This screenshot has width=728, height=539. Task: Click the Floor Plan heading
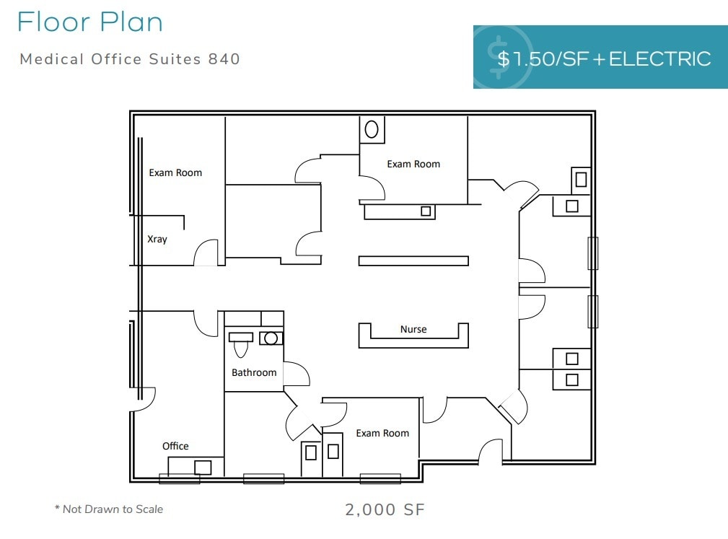(x=89, y=22)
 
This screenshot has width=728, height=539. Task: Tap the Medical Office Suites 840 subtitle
(x=130, y=59)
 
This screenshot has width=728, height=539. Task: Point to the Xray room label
(x=157, y=239)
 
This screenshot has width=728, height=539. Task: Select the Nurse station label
(x=413, y=329)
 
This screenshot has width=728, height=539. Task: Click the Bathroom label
(x=254, y=372)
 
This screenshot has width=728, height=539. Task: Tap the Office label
(x=175, y=446)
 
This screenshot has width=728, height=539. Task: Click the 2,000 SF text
(x=385, y=509)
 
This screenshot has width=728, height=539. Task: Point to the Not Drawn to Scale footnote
(x=109, y=509)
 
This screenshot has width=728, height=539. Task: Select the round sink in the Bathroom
(x=271, y=338)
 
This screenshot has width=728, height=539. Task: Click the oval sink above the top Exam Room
(x=372, y=130)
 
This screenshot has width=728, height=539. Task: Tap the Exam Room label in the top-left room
(x=175, y=172)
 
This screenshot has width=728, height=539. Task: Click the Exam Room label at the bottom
(x=382, y=433)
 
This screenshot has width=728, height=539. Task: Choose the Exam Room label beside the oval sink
(x=413, y=164)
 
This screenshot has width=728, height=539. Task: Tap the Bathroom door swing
(x=296, y=374)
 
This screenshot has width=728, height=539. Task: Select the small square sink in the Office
(x=203, y=467)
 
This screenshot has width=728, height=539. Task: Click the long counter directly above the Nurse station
(x=413, y=260)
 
